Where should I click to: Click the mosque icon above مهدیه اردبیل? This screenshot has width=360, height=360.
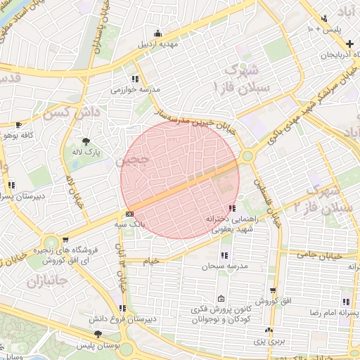click(157, 33)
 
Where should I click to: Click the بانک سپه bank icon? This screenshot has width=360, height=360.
click(129, 213)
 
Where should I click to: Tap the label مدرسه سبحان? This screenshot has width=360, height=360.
click(223, 266)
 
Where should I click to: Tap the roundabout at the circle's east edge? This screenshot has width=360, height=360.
click(247, 156)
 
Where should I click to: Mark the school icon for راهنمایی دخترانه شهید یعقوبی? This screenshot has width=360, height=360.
click(232, 208)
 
